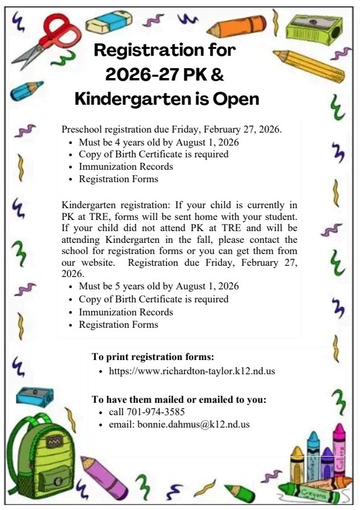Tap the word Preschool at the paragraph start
click(83, 130)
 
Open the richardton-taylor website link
click(191, 372)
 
